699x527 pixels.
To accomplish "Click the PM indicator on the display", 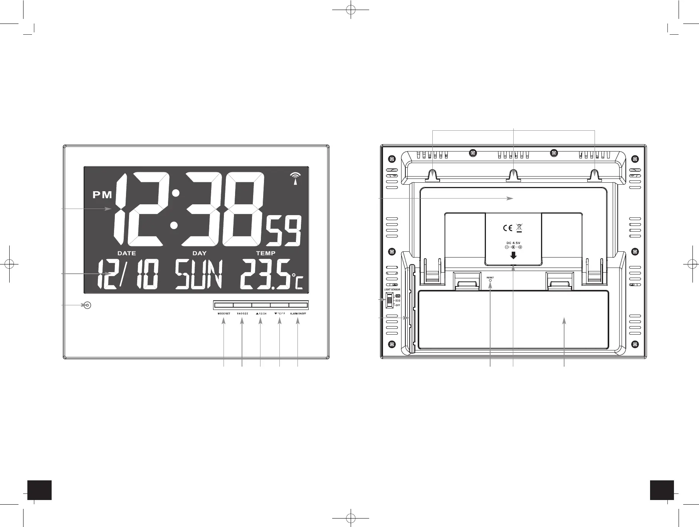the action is pyautogui.click(x=102, y=195).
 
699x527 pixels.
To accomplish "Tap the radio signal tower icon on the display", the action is pyautogui.click(x=295, y=178).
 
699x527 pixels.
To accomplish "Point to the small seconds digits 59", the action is pyautogui.click(x=286, y=232).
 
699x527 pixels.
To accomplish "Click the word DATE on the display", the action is pyautogui.click(x=126, y=253).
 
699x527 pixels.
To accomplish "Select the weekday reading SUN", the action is pyautogui.click(x=199, y=275).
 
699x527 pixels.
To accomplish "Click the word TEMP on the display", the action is pyautogui.click(x=265, y=253).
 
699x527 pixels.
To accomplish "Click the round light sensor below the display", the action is pyautogui.click(x=87, y=305).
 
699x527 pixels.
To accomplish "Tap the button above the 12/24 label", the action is pyautogui.click(x=261, y=305).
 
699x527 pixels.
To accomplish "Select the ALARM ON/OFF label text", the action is pyautogui.click(x=298, y=314).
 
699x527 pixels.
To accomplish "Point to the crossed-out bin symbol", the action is pyautogui.click(x=519, y=228).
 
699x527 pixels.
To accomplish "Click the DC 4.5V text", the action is pyautogui.click(x=513, y=242).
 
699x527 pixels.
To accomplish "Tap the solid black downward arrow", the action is pyautogui.click(x=513, y=255).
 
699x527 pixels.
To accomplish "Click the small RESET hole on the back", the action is pyautogui.click(x=490, y=280).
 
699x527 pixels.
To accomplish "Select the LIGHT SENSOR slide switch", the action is pyautogui.click(x=390, y=300).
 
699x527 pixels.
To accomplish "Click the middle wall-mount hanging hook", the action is pyautogui.click(x=513, y=176).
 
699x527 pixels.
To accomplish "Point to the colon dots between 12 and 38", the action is pyautogui.click(x=175, y=209).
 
